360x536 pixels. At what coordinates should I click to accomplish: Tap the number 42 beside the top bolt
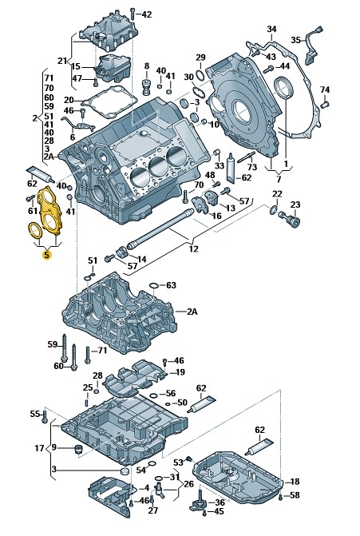(147, 14)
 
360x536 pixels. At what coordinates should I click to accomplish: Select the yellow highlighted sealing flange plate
(50, 209)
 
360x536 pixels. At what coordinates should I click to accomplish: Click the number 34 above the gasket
(271, 29)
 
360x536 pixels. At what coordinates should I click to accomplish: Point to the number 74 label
(325, 89)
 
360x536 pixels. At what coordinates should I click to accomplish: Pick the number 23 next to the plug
(295, 204)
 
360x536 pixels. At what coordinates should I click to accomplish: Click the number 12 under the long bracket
(193, 248)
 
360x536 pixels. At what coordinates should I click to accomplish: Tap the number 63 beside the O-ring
(171, 284)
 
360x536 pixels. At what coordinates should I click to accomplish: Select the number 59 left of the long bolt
(52, 344)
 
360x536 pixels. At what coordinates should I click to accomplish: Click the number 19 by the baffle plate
(180, 372)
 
